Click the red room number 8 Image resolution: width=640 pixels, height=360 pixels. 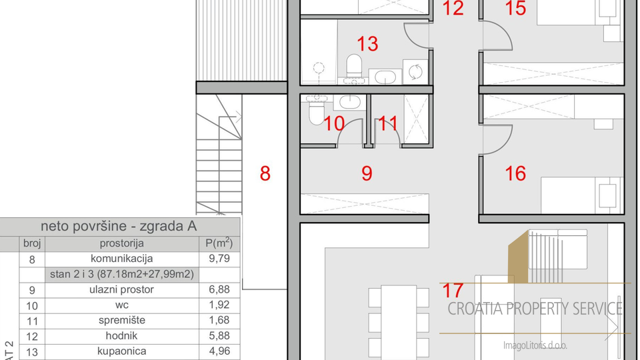point(265,174)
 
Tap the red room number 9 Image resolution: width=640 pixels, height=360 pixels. point(367,173)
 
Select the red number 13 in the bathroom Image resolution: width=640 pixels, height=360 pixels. point(367,44)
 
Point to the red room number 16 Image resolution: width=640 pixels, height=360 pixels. point(515,173)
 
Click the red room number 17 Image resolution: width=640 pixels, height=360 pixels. point(453,291)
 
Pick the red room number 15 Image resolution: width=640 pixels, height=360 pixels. point(516,9)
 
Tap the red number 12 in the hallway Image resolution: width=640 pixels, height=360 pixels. point(453,9)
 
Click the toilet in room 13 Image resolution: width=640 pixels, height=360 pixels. point(354,66)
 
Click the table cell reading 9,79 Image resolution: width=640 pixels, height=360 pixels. point(219,259)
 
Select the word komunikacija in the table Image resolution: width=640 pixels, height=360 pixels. point(121,259)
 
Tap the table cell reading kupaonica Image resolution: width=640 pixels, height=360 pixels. point(121,351)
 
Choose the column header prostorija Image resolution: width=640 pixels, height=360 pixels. point(121,243)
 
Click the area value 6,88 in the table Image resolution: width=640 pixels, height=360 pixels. point(219,289)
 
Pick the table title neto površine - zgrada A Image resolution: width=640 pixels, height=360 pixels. point(119,226)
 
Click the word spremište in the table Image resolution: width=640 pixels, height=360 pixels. point(121,320)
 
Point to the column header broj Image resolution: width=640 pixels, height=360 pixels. point(32,243)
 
